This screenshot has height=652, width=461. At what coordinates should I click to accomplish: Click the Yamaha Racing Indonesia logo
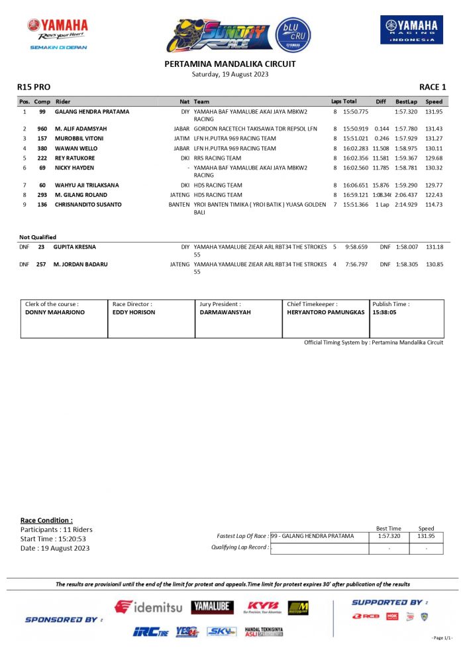point(411,30)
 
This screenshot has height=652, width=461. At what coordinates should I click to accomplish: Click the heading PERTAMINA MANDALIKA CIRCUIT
point(230,64)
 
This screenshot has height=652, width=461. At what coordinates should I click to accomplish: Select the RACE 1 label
point(433,87)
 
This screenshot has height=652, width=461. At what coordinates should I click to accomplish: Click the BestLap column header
point(406,102)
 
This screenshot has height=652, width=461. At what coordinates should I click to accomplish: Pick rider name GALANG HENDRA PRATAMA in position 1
point(91,112)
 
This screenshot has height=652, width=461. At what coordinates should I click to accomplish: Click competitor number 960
point(42,129)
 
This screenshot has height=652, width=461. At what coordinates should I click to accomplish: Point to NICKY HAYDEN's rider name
point(74,168)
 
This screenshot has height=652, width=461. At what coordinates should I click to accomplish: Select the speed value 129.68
point(434,158)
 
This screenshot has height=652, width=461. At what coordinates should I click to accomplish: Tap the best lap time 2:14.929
point(406,205)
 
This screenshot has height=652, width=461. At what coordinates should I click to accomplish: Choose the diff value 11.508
point(381,148)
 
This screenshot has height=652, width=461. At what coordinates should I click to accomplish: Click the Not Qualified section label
point(38,237)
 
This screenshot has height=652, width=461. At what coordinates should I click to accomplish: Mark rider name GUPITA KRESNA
point(76,247)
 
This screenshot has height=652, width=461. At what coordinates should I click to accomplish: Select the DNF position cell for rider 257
point(25,264)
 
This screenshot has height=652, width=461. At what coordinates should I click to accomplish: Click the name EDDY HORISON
point(134,312)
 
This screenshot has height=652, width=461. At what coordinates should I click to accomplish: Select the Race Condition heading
point(46,520)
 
